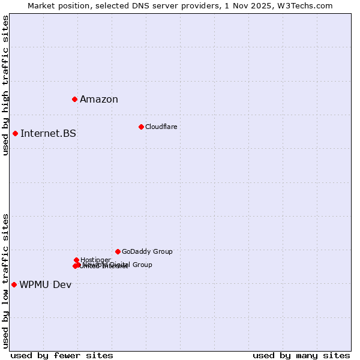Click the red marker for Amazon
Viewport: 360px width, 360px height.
click(x=74, y=99)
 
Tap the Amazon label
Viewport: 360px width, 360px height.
click(x=99, y=100)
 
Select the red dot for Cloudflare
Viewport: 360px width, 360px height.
click(x=141, y=127)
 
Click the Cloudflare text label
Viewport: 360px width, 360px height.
click(x=161, y=127)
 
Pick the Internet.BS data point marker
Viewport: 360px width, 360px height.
click(x=15, y=133)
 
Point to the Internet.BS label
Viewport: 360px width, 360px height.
click(x=48, y=133)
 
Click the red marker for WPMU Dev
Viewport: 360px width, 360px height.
click(x=14, y=284)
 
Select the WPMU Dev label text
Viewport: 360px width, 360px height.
click(x=45, y=284)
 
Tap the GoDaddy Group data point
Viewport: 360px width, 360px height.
click(x=118, y=251)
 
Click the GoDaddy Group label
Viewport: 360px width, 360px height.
click(x=147, y=251)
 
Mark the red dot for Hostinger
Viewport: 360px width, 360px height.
click(x=76, y=260)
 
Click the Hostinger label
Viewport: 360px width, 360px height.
click(x=95, y=260)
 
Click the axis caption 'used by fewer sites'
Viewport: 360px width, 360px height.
click(x=62, y=355)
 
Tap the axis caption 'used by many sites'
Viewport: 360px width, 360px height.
click(x=301, y=355)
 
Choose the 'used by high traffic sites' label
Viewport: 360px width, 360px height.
click(x=5, y=85)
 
